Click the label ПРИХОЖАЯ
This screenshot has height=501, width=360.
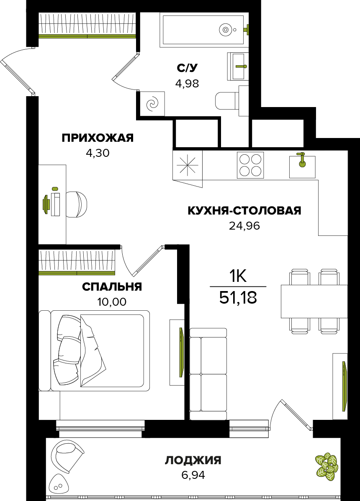tap(98, 138)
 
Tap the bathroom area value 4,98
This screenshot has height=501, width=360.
tap(187, 83)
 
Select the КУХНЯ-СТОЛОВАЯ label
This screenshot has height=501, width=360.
tap(244, 211)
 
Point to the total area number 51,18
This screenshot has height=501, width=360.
tap(238, 298)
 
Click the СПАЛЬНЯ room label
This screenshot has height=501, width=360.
tap(112, 286)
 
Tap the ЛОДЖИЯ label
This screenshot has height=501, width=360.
tap(193, 460)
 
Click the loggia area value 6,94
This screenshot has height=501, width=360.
tap(193, 475)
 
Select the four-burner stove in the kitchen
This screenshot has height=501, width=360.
tap(250, 165)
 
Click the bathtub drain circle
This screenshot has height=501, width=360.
tap(226, 30)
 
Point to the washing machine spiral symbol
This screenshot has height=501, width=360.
tap(152, 104)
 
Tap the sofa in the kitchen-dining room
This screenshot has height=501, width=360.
tap(208, 373)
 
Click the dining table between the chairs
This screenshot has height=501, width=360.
tap(314, 301)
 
